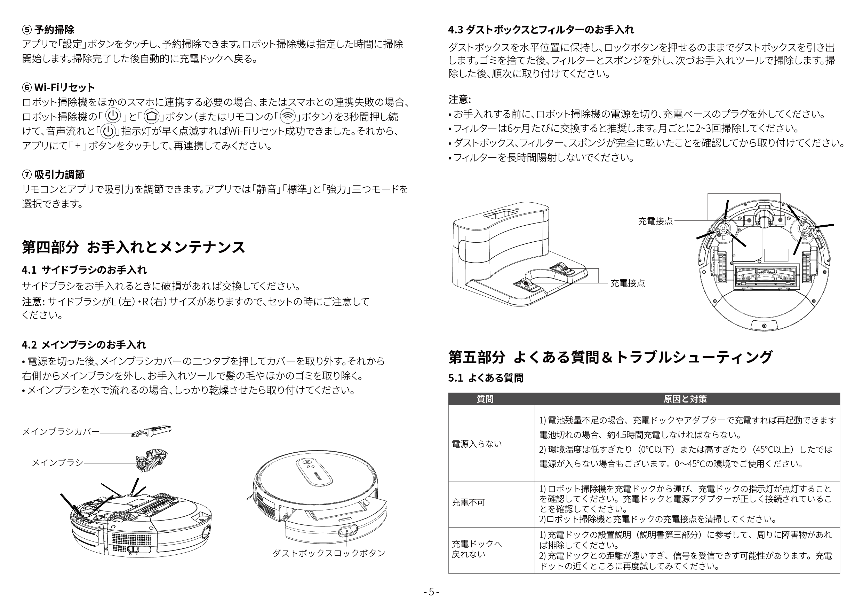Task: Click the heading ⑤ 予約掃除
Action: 48,29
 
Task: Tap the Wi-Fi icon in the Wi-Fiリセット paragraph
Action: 288,116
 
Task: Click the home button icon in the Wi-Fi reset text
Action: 151,116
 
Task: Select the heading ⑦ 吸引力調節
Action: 53,174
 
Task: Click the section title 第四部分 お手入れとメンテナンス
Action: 134,247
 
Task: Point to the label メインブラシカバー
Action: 61,431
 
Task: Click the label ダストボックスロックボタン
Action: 329,553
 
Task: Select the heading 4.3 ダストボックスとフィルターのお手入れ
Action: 541,29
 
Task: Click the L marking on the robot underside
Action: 723,238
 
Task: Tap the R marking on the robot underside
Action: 805,238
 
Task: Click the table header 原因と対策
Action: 685,399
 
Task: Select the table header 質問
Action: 485,399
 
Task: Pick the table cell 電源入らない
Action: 477,444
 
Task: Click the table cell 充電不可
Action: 468,502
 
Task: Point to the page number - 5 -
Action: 431,592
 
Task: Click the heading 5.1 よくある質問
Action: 486,378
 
